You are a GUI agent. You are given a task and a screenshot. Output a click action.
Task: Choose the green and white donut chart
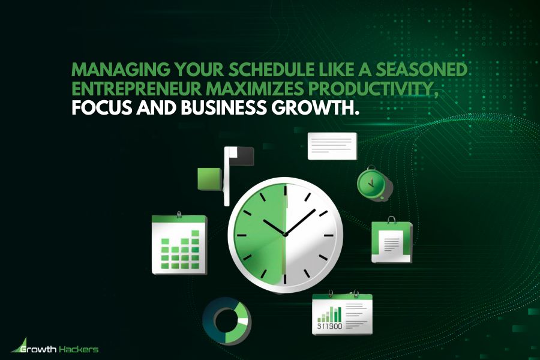(226, 317)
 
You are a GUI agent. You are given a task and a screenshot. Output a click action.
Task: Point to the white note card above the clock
(332, 146)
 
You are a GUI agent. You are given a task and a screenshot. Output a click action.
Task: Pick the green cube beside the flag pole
(209, 178)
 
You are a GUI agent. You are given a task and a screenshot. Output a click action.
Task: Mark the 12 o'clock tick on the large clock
(286, 194)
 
